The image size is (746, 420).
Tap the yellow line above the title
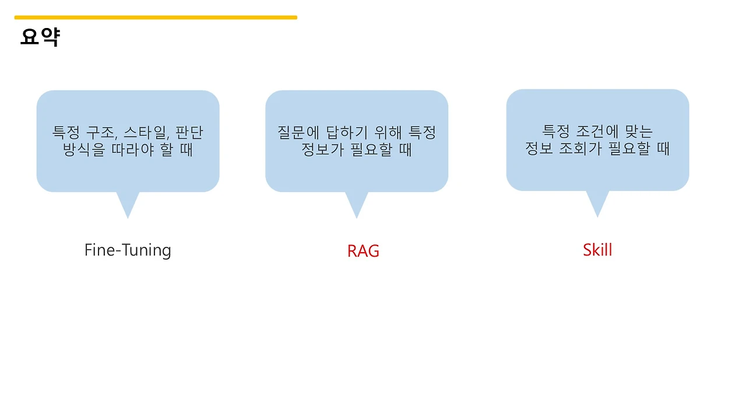(x=156, y=17)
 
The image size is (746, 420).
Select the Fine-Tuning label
(x=128, y=250)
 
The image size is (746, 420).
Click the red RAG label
(x=363, y=251)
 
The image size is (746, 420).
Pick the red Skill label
(x=597, y=250)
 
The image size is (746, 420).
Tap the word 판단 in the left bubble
(x=189, y=132)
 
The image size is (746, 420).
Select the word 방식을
(x=83, y=150)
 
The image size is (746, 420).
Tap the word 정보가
(x=324, y=150)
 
